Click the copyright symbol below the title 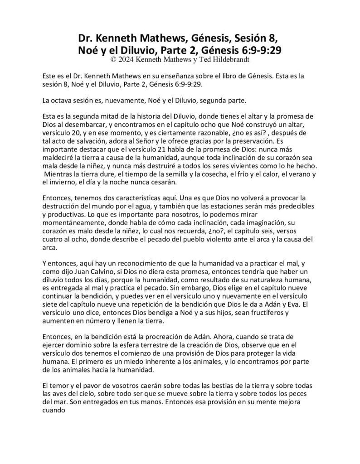(x=113, y=59)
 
